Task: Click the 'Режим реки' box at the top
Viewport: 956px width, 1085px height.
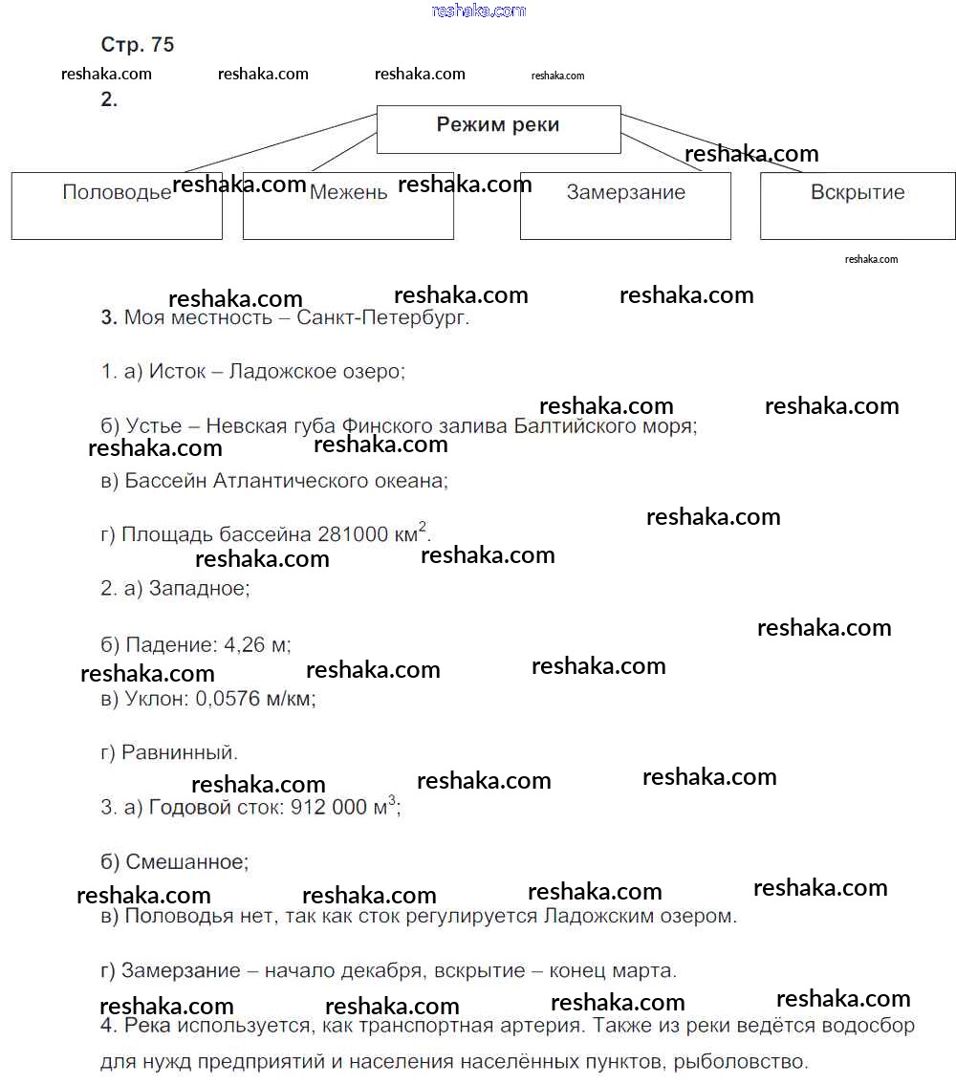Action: [x=498, y=128]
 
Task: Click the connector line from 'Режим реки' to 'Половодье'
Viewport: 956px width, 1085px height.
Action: [x=277, y=143]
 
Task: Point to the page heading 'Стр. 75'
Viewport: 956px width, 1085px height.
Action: [x=138, y=45]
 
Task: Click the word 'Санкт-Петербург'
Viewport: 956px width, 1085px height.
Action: [x=382, y=318]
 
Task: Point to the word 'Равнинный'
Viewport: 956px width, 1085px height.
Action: [x=180, y=753]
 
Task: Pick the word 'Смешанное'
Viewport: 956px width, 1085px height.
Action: [x=186, y=862]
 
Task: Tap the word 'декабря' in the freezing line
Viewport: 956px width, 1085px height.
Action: [x=387, y=971]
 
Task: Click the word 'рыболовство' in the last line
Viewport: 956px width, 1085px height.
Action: [x=746, y=1061]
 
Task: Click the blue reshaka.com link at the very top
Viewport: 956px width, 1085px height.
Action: [x=479, y=11]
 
